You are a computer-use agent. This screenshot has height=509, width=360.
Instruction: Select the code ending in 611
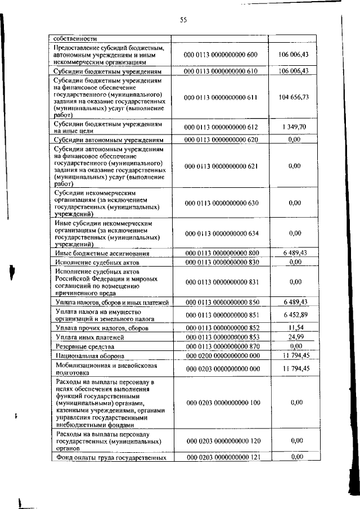pyautogui.click(x=220, y=97)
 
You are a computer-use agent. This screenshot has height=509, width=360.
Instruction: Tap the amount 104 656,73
pyautogui.click(x=293, y=97)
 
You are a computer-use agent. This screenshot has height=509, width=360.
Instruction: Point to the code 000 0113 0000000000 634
pyautogui.click(x=220, y=232)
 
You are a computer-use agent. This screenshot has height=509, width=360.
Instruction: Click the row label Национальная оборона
pyautogui.click(x=86, y=355)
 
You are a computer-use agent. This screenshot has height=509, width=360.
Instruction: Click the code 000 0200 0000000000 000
pyautogui.click(x=220, y=355)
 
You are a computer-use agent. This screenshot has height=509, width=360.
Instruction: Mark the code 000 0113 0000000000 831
pyautogui.click(x=220, y=281)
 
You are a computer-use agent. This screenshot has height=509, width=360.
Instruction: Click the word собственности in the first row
pyautogui.click(x=74, y=39)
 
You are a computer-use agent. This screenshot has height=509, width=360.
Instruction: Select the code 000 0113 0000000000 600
pyautogui.click(x=220, y=55)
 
